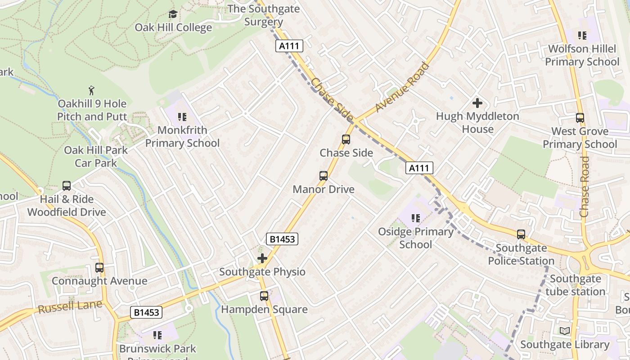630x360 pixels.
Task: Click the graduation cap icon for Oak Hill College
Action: pyautogui.click(x=173, y=14)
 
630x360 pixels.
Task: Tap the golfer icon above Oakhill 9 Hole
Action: pyautogui.click(x=92, y=90)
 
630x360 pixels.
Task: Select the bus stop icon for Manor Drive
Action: pyautogui.click(x=323, y=176)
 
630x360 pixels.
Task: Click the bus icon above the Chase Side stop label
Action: pyautogui.click(x=346, y=139)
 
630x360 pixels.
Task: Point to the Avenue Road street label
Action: pyautogui.click(x=402, y=88)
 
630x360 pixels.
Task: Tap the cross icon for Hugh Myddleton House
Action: pyautogui.click(x=477, y=103)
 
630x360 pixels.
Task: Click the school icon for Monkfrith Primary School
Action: pyautogui.click(x=182, y=117)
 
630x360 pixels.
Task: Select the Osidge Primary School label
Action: pyautogui.click(x=415, y=238)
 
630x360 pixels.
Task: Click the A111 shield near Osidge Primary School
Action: pyautogui.click(x=419, y=168)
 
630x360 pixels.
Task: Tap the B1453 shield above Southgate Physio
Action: pyautogui.click(x=282, y=239)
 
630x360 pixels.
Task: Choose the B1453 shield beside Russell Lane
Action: pyautogui.click(x=146, y=312)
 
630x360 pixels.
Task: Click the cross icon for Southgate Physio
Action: pyautogui.click(x=262, y=258)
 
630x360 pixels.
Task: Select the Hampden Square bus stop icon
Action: pyautogui.click(x=264, y=296)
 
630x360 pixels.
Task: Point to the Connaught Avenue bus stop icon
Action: pyautogui.click(x=99, y=268)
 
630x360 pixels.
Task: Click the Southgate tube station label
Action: pyautogui.click(x=575, y=285)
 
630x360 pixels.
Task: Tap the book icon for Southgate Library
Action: pyautogui.click(x=564, y=331)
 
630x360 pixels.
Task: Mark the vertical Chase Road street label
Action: pyautogui.click(x=585, y=186)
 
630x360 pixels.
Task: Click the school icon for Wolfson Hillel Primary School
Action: pyautogui.click(x=582, y=35)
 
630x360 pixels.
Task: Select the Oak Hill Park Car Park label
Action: pyautogui.click(x=96, y=156)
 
